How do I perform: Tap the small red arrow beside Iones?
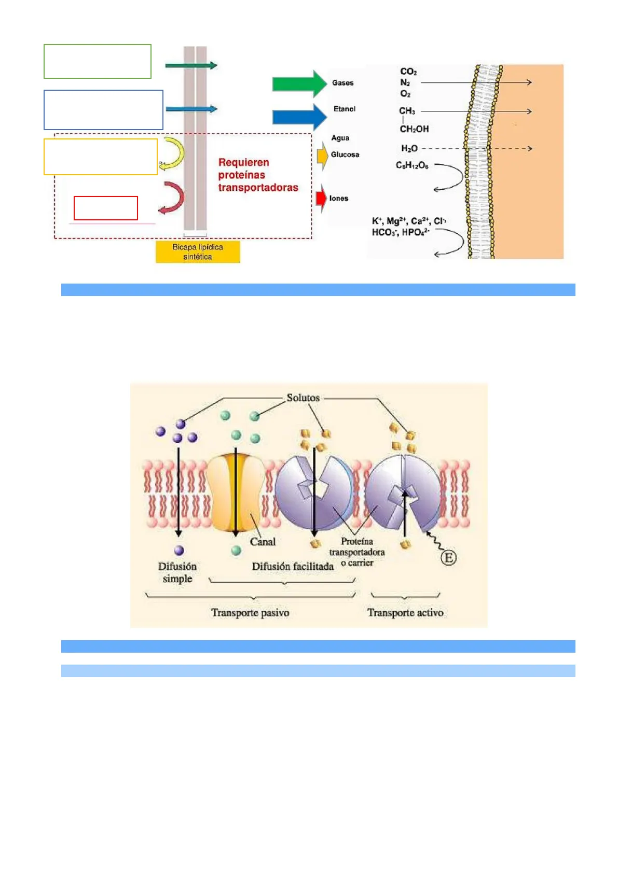click(321, 198)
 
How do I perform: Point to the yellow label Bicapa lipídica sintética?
click(198, 252)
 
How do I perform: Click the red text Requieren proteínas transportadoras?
click(258, 175)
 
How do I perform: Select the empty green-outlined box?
click(98, 61)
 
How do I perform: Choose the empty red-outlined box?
click(106, 208)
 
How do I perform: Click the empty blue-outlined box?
click(103, 110)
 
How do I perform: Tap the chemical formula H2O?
click(409, 149)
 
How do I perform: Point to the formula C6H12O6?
click(412, 165)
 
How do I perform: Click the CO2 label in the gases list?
click(408, 72)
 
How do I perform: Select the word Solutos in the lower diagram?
click(303, 398)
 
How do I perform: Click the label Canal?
click(263, 542)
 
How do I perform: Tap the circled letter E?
click(449, 558)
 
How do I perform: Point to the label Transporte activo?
click(405, 613)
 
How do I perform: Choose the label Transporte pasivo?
click(250, 613)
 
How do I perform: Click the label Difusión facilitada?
click(293, 567)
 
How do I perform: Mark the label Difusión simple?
click(177, 572)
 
